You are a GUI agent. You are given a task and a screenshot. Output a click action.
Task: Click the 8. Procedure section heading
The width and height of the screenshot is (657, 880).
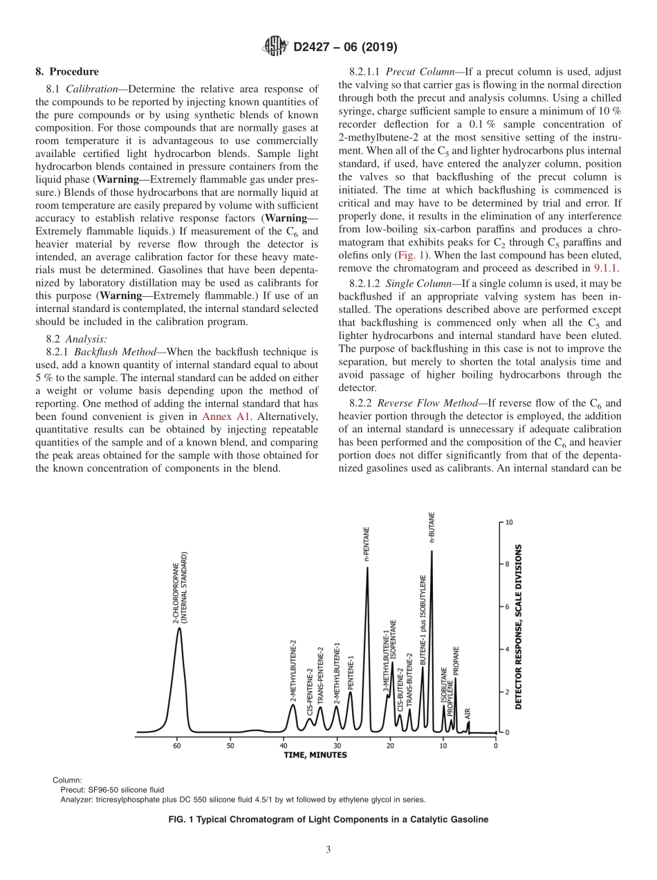[67, 71]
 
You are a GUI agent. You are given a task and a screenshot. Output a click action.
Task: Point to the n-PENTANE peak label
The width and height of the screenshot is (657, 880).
[367, 544]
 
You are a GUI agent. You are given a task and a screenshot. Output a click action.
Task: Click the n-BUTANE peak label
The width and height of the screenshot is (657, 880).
[432, 529]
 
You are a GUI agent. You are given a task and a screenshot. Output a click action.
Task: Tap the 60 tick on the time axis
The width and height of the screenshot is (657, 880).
[177, 746]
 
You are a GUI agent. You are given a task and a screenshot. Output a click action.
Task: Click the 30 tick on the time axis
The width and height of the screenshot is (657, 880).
[337, 746]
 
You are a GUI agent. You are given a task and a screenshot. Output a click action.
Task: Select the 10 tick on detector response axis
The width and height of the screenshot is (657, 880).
[508, 523]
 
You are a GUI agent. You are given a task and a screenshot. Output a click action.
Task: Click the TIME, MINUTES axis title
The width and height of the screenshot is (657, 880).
[315, 755]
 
